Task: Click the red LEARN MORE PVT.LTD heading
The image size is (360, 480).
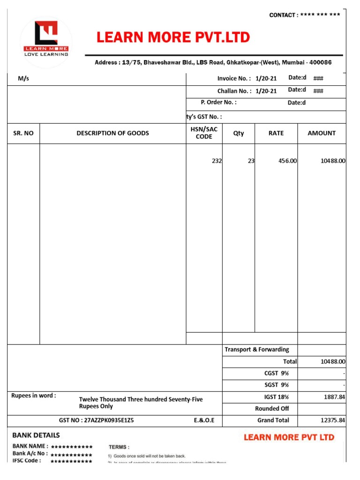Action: (173, 37)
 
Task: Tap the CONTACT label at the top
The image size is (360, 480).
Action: (283, 15)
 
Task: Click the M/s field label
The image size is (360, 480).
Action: (23, 79)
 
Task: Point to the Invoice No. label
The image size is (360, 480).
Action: (233, 79)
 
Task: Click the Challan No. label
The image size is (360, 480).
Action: (234, 91)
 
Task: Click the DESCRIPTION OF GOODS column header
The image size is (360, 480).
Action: (112, 133)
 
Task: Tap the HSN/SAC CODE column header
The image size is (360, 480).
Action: (204, 133)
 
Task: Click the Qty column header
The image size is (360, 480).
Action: (239, 133)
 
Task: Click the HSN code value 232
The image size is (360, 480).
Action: (217, 161)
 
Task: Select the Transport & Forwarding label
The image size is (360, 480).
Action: (256, 350)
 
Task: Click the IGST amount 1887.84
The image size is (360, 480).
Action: (334, 397)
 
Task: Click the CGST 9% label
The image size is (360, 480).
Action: (277, 374)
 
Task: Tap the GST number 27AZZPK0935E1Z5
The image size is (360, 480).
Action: (96, 420)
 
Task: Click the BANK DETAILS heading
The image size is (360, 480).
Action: (36, 435)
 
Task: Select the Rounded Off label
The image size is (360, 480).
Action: (272, 409)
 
